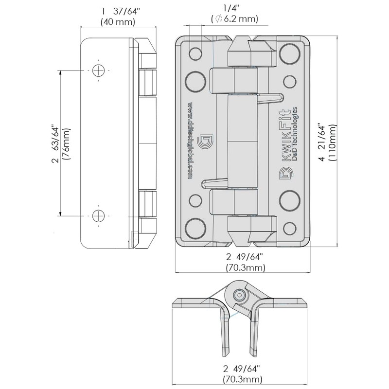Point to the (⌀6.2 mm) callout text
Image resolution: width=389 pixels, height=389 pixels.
click(x=233, y=19)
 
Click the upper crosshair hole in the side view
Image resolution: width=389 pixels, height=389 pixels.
click(x=99, y=70)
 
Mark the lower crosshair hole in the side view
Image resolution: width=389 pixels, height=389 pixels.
click(x=99, y=215)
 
